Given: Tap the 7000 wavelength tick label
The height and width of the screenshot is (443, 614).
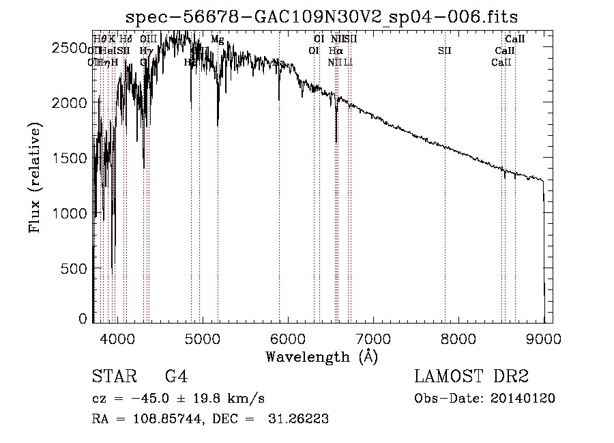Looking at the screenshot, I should [372, 337].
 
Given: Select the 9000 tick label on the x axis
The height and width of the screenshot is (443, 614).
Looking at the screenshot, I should [544, 337].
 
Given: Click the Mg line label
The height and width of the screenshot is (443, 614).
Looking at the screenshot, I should [217, 40].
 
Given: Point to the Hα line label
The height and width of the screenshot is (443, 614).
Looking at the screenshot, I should [335, 51].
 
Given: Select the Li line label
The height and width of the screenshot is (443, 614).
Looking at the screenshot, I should [348, 62].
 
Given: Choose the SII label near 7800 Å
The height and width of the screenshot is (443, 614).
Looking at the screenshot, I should [445, 51].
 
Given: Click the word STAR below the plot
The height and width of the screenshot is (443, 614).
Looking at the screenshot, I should [112, 377].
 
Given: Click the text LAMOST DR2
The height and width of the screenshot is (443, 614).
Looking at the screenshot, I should [471, 377].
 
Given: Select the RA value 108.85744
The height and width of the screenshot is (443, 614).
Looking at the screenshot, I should [171, 419].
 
